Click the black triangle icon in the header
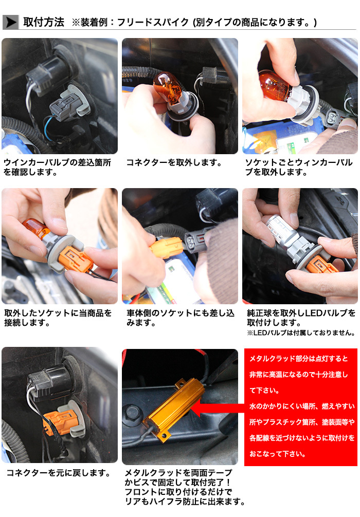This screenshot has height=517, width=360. click(x=11, y=22)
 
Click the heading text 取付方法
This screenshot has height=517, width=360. click(x=44, y=22)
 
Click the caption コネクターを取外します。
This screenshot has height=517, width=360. click(x=174, y=162)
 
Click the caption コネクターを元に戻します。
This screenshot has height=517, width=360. click(x=59, y=473)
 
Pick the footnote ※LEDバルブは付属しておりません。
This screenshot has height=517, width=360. click(x=301, y=333)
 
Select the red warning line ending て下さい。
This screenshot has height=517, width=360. click(x=264, y=391)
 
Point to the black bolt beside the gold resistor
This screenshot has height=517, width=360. click(x=133, y=414)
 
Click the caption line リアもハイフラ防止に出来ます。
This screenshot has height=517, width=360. click(x=185, y=502)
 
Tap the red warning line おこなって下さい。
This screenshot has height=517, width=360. click(x=278, y=454)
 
